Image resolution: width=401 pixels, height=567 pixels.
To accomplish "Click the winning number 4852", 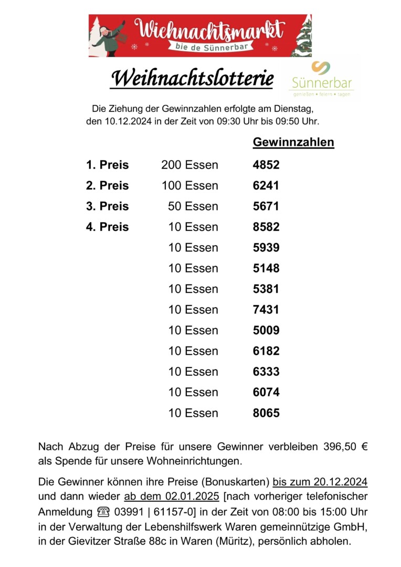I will click(266, 165).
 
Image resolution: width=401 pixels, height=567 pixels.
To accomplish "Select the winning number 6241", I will click(266, 186).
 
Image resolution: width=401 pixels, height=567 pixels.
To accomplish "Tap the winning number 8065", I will click(266, 413).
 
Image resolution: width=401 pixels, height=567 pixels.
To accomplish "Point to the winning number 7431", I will click(266, 310).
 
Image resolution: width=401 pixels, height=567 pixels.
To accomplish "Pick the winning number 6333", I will click(266, 372).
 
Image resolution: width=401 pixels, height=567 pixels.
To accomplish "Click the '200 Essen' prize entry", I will click(189, 165).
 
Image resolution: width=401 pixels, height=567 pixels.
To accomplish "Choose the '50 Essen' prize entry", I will click(193, 206).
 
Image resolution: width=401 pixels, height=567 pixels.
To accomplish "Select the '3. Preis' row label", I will click(107, 206).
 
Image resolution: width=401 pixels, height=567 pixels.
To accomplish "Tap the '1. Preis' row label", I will click(107, 165).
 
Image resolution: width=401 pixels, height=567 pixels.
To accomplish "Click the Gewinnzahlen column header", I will click(293, 142).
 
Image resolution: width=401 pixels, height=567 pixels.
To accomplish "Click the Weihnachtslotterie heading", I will click(192, 79).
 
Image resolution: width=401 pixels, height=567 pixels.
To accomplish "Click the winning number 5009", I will click(266, 330).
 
